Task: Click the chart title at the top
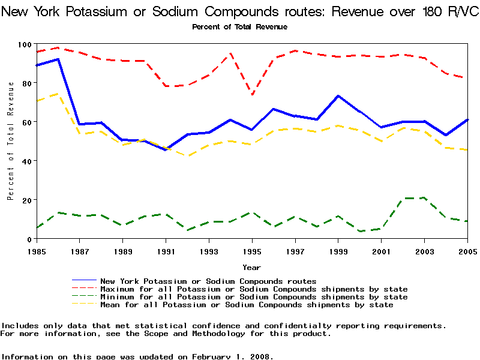pos(240,11)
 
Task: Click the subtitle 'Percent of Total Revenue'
pos(239,27)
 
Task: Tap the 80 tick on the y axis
pos(26,83)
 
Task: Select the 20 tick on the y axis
pos(26,200)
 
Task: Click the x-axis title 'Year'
pos(251,267)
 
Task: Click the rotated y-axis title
pos(11,141)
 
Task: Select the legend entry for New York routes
pos(208,281)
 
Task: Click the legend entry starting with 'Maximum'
pos(254,289)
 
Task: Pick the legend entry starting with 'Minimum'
pos(254,297)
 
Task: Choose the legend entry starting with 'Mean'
pos(247,305)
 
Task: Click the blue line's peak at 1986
pos(58,59)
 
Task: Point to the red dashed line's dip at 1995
pos(252,95)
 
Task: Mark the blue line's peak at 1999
pos(338,96)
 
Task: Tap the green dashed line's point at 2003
pos(425,197)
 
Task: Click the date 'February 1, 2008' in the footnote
pos(231,356)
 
